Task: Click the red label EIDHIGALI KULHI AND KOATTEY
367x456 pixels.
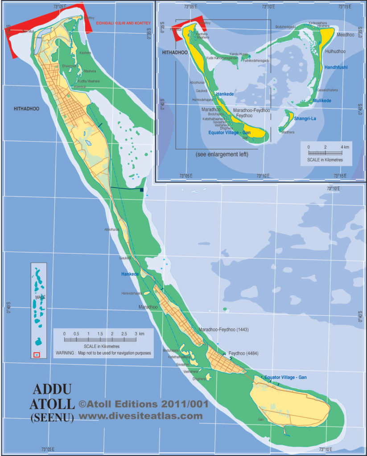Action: [x=124, y=23]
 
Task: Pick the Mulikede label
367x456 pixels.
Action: [x=322, y=101]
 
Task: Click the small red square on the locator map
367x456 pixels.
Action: [x=37, y=354]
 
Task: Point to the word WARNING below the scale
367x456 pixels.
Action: [x=65, y=353]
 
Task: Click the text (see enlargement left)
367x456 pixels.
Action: [x=222, y=154]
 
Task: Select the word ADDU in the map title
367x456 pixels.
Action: [x=52, y=390]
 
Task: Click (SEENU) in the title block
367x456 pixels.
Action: [x=52, y=418]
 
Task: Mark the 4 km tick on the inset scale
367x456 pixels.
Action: [x=342, y=147]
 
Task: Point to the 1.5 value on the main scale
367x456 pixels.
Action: [x=100, y=333]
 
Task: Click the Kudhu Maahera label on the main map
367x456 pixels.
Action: [x=89, y=81]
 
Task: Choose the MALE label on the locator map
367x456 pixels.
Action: [x=40, y=297]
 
